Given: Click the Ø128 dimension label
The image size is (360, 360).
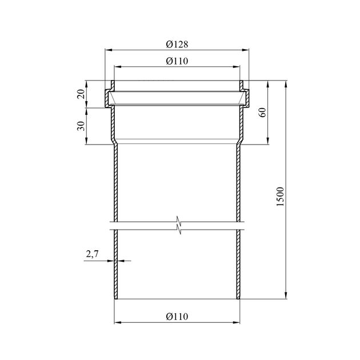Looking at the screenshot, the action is [x=177, y=45].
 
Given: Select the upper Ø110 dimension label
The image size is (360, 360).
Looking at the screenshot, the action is [x=177, y=61].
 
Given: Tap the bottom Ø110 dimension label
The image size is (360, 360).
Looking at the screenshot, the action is [x=177, y=317].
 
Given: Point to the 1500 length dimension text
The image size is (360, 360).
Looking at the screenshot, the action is [x=281, y=197].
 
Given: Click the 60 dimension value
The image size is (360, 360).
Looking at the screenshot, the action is [x=263, y=112].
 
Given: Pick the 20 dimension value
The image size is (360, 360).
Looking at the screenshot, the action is [x=81, y=94].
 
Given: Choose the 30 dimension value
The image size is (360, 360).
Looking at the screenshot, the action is [x=81, y=126].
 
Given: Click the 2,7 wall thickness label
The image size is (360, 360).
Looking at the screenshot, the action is [x=93, y=254].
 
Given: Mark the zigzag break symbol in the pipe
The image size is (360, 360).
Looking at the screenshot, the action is [x=179, y=225].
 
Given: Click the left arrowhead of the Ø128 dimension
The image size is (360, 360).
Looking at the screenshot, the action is [x=109, y=50].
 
